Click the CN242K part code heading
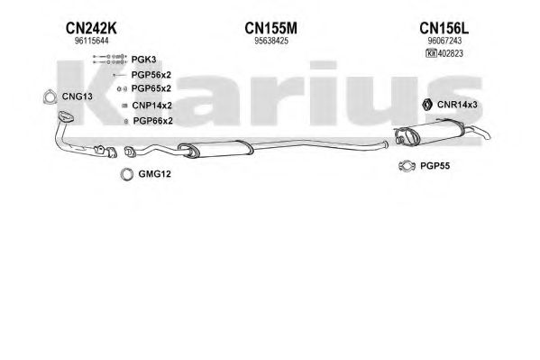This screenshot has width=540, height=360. pyautogui.click(x=91, y=28)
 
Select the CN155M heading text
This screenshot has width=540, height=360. pyautogui.click(x=270, y=28)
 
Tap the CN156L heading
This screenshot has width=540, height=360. pyautogui.click(x=444, y=28)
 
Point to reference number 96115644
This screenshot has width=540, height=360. pyautogui.click(x=91, y=41)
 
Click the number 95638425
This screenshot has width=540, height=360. pyautogui.click(x=271, y=41)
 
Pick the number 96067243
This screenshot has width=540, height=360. pyautogui.click(x=444, y=41)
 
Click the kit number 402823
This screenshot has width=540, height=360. pyautogui.click(x=451, y=53)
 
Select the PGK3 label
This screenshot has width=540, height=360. pyautogui.click(x=143, y=60)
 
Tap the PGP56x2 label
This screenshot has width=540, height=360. pyautogui.click(x=151, y=75)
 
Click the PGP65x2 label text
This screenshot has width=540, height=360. pyautogui.click(x=151, y=88)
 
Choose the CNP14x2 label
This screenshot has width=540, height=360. pyautogui.click(x=151, y=106)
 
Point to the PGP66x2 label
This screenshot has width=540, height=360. pyautogui.click(x=153, y=121)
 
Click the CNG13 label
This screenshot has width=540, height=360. pyautogui.click(x=78, y=97)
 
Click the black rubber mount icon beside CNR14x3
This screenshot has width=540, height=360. pyautogui.click(x=427, y=105)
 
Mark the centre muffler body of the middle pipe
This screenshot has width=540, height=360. pyautogui.click(x=216, y=149)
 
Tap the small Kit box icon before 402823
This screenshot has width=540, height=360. pyautogui.click(x=432, y=53)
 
